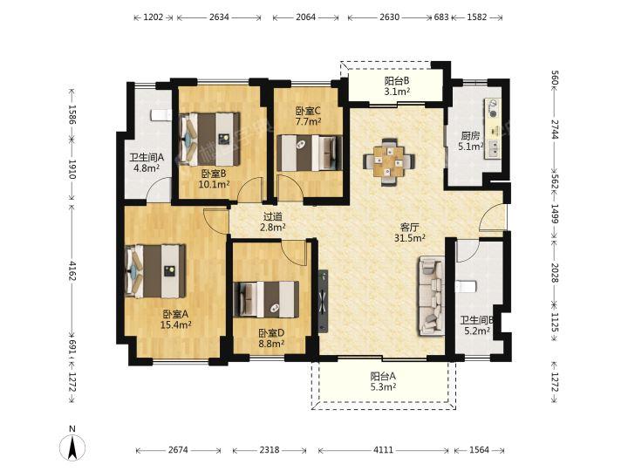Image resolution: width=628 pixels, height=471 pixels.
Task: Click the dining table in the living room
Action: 389,162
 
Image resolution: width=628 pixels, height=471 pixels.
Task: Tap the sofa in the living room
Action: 432,297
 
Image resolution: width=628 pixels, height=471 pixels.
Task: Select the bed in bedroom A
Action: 155,271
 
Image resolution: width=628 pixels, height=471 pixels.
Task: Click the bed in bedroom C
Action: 310,153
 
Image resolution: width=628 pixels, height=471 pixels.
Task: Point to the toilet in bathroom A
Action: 160,115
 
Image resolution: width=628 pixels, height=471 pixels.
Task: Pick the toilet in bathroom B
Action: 466,286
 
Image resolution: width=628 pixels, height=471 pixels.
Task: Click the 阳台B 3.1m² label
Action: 397,86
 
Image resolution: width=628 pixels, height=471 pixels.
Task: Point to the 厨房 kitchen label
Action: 470,136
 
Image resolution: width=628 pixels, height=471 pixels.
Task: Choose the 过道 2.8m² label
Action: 273,222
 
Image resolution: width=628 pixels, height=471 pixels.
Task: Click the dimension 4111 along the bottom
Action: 383,450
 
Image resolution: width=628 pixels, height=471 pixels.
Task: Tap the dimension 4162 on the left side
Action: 72,270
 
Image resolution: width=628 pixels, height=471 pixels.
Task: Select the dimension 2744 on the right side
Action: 555,129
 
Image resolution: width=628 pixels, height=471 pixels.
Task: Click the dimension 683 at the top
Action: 441,17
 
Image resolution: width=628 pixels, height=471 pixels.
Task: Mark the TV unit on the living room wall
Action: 324,301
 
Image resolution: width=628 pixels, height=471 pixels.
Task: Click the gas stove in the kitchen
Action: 492,108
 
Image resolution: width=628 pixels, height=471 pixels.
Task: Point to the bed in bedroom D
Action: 266,299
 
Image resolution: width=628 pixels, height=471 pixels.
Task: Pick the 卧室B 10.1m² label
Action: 215,179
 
